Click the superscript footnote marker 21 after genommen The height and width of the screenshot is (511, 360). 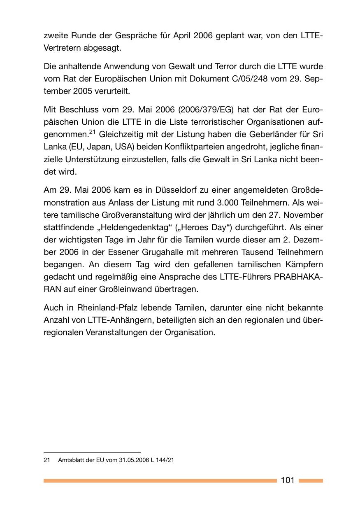click(x=92, y=132)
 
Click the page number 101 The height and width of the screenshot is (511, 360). click(x=287, y=480)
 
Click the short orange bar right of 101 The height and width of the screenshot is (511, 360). click(x=311, y=481)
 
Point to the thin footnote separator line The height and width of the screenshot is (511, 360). click(x=92, y=452)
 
